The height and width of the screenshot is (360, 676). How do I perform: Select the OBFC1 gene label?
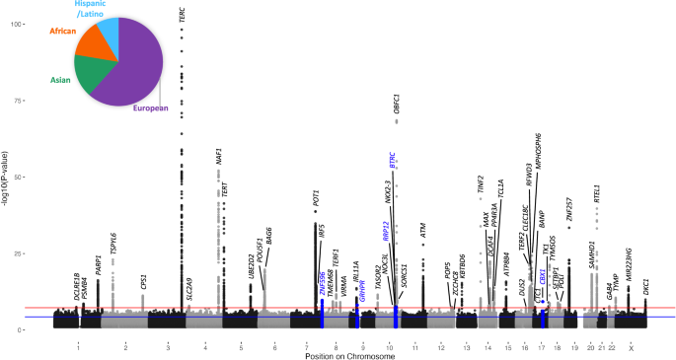396,105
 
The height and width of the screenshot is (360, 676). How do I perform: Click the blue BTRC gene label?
393,163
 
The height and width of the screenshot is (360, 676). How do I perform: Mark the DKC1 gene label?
646,288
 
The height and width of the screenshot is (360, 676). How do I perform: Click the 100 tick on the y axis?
38,23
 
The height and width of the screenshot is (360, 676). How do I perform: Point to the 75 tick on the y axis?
40,100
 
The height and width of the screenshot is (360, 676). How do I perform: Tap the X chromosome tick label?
631,346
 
